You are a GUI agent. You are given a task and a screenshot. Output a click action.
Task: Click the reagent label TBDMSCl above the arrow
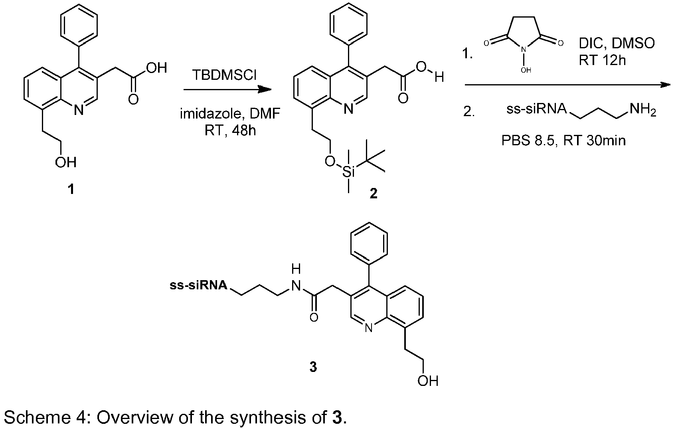point(224,75)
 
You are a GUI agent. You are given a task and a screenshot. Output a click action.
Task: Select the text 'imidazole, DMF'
point(230,114)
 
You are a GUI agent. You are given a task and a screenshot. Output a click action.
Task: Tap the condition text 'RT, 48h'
point(230,130)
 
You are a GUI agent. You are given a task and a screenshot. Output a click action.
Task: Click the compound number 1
point(71,189)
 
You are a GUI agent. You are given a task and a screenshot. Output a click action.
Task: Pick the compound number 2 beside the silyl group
point(374,194)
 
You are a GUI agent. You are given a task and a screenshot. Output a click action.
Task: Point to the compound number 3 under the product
point(313,367)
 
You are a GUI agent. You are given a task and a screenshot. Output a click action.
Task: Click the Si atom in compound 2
point(349,172)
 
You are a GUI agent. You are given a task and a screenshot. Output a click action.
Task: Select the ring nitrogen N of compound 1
point(79,110)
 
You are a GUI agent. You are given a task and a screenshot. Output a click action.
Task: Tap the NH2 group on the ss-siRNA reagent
point(643,109)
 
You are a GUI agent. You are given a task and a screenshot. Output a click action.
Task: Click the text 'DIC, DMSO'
point(617,44)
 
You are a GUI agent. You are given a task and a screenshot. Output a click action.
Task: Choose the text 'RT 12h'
point(603,61)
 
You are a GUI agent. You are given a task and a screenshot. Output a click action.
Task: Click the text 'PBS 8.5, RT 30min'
point(563,140)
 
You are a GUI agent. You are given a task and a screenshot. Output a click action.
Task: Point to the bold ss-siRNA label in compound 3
point(199,285)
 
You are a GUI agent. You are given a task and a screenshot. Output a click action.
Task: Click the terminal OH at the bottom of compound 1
point(65,162)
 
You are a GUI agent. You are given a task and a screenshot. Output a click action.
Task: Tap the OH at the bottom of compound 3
point(428,381)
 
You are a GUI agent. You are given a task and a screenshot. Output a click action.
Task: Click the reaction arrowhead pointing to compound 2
point(265,89)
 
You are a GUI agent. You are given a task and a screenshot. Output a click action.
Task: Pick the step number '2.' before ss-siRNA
point(469,112)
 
